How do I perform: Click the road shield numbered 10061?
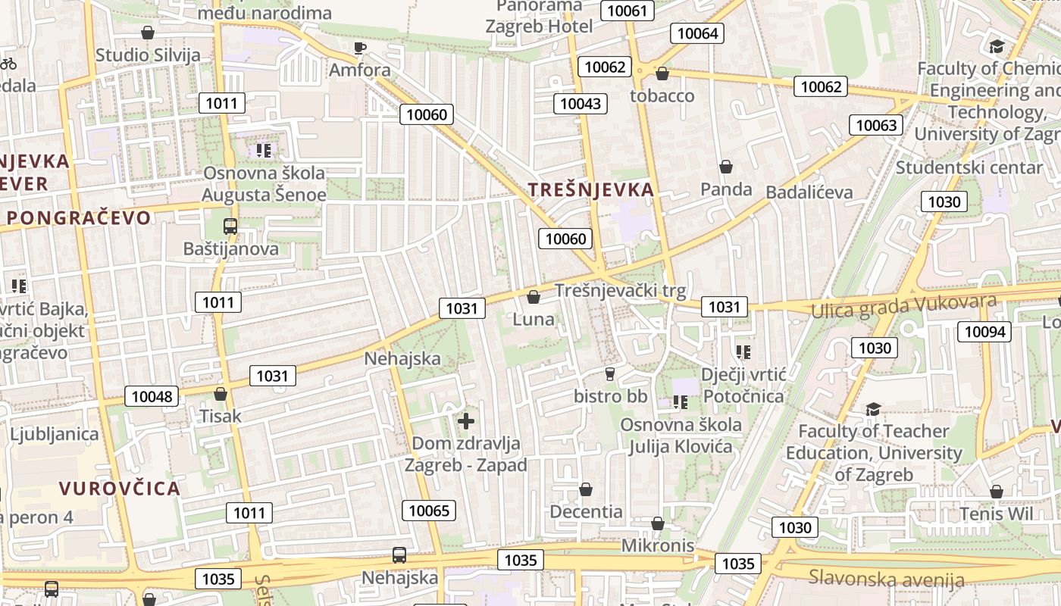pos(628,10)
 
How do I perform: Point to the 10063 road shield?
pos(877,125)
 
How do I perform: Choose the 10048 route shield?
pos(152,396)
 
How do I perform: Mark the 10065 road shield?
pos(429,511)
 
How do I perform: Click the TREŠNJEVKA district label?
pos(590,190)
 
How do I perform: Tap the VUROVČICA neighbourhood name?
pos(120,488)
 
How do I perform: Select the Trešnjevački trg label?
pos(620,291)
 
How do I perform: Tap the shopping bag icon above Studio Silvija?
pos(148,33)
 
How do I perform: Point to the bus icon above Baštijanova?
pos(230,226)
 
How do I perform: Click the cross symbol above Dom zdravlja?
pos(466,421)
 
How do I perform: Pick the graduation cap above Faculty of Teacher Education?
pos(873,410)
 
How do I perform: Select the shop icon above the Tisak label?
pos(221,394)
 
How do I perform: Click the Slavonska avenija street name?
pos(886,579)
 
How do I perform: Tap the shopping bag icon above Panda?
pos(726,167)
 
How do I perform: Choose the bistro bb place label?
pos(610,395)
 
